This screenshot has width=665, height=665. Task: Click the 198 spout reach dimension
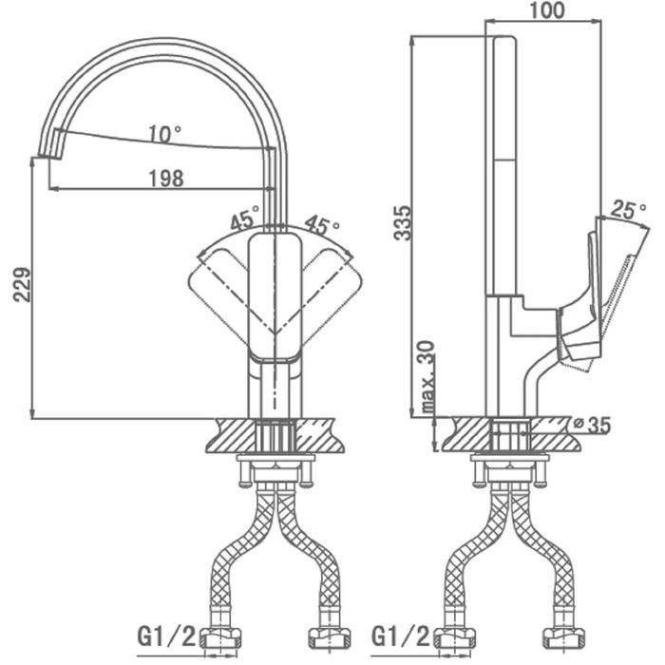[166, 179]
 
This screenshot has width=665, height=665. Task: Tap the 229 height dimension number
[22, 284]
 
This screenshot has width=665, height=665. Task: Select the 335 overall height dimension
[402, 223]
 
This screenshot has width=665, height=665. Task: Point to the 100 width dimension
[547, 10]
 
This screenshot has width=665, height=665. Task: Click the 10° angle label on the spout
[165, 134]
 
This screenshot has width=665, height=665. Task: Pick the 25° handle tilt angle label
[629, 210]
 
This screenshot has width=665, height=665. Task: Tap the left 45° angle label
[245, 218]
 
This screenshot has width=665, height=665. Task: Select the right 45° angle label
[322, 224]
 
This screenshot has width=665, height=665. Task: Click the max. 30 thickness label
[428, 377]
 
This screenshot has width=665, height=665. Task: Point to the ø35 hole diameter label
[592, 425]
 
